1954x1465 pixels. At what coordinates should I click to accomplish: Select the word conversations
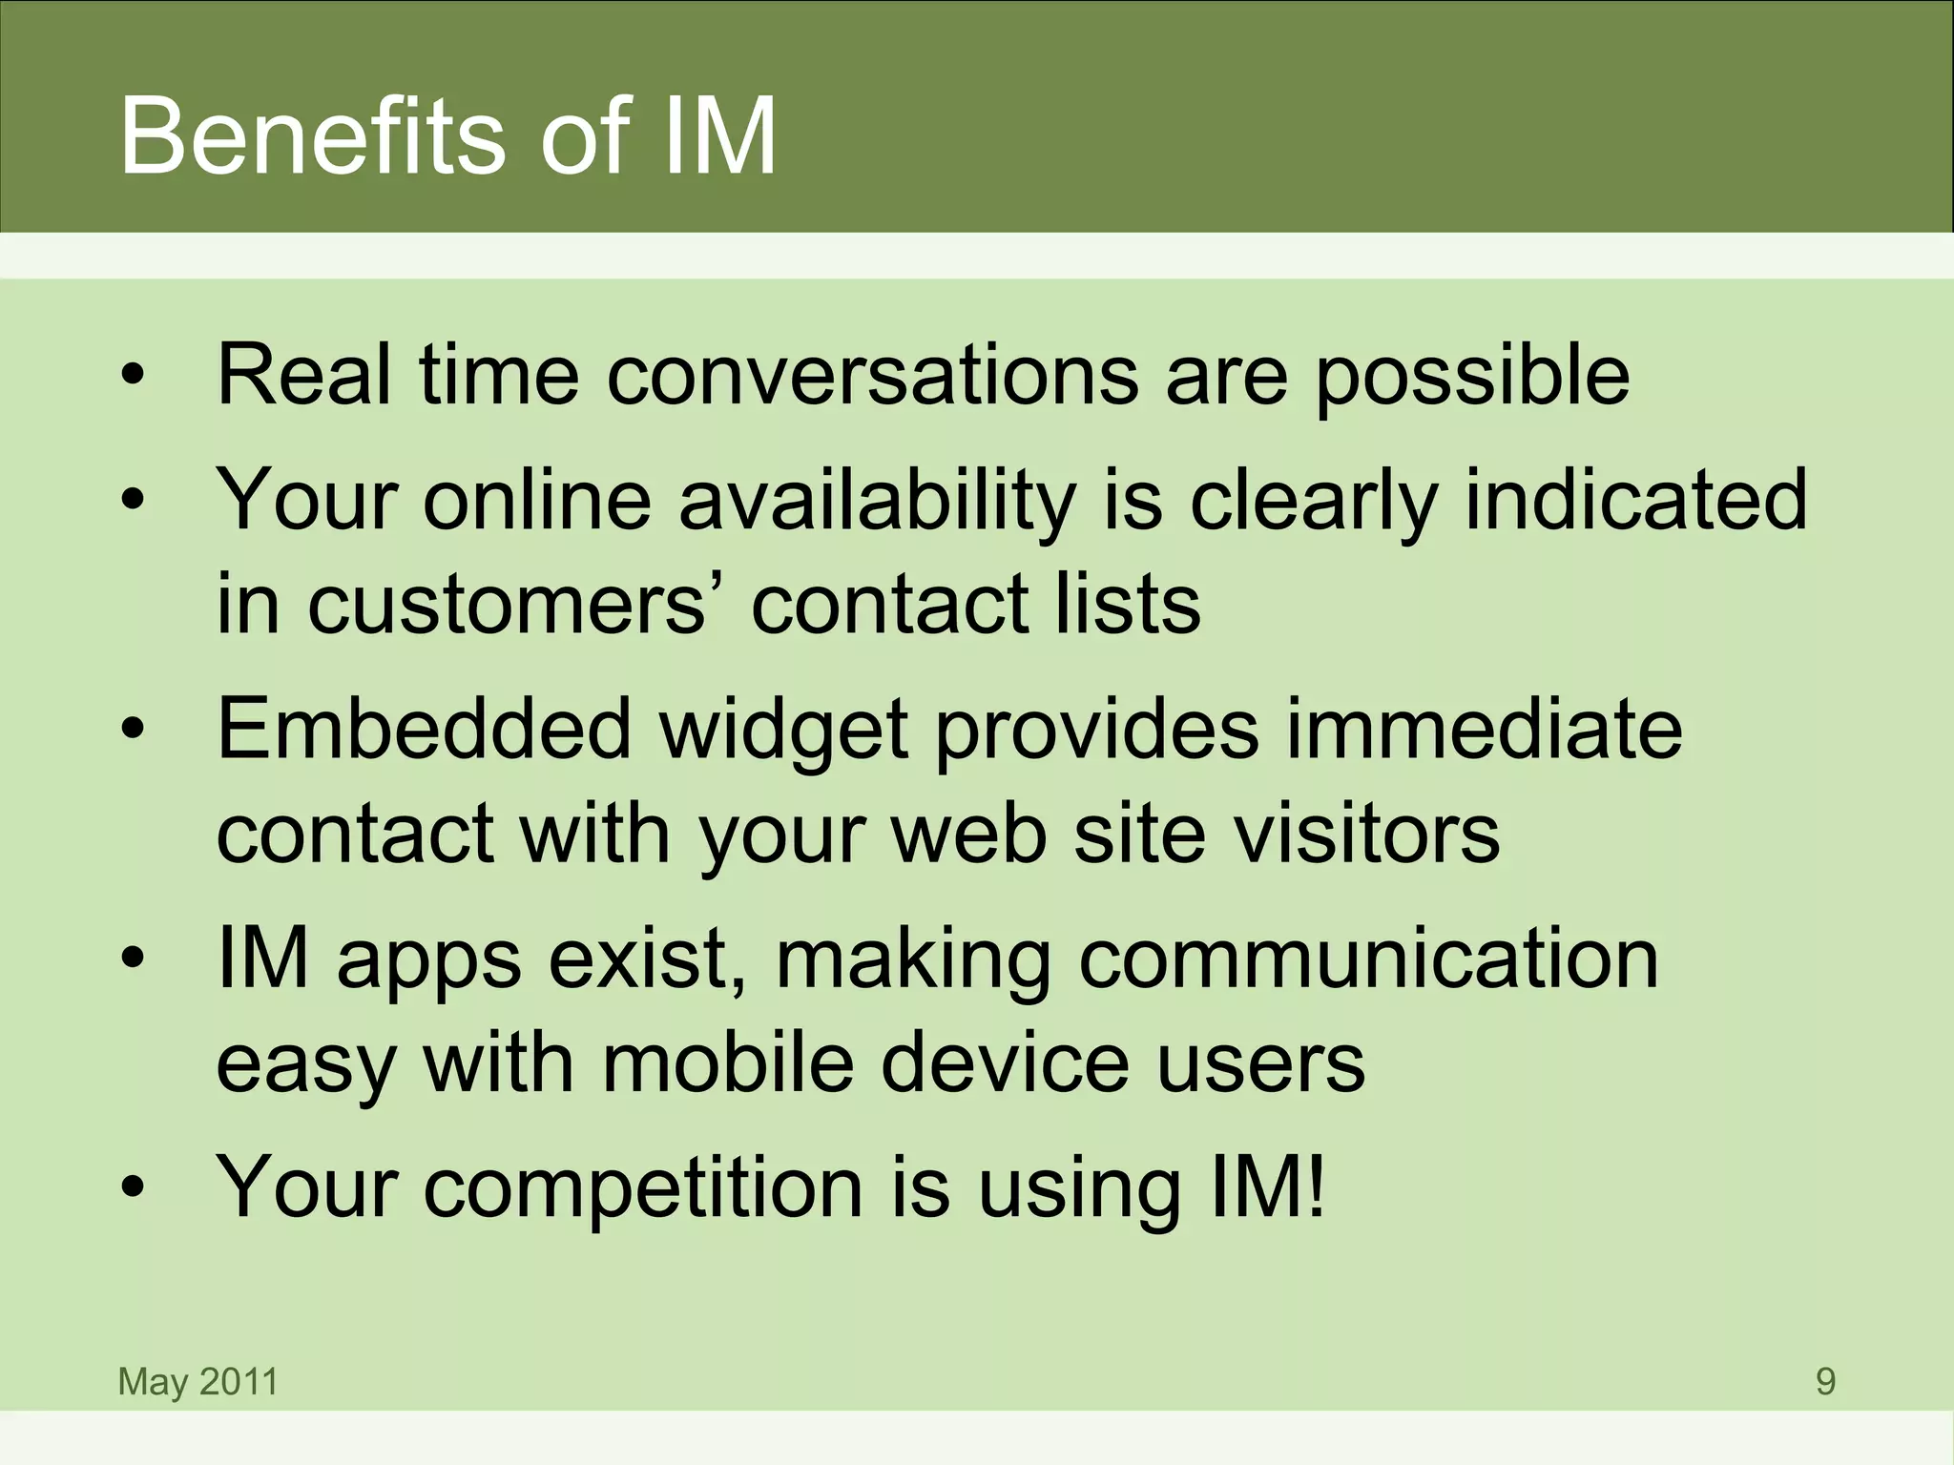pyautogui.click(x=872, y=374)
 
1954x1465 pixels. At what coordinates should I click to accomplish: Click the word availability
pyautogui.click(x=877, y=502)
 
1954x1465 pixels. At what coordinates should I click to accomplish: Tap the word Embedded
pyautogui.click(x=425, y=730)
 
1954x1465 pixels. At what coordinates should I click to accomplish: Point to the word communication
pyautogui.click(x=1369, y=959)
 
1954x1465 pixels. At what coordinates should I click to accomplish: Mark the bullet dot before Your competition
pyautogui.click(x=133, y=1188)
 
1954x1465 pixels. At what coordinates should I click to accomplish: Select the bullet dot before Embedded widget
pyautogui.click(x=133, y=731)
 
